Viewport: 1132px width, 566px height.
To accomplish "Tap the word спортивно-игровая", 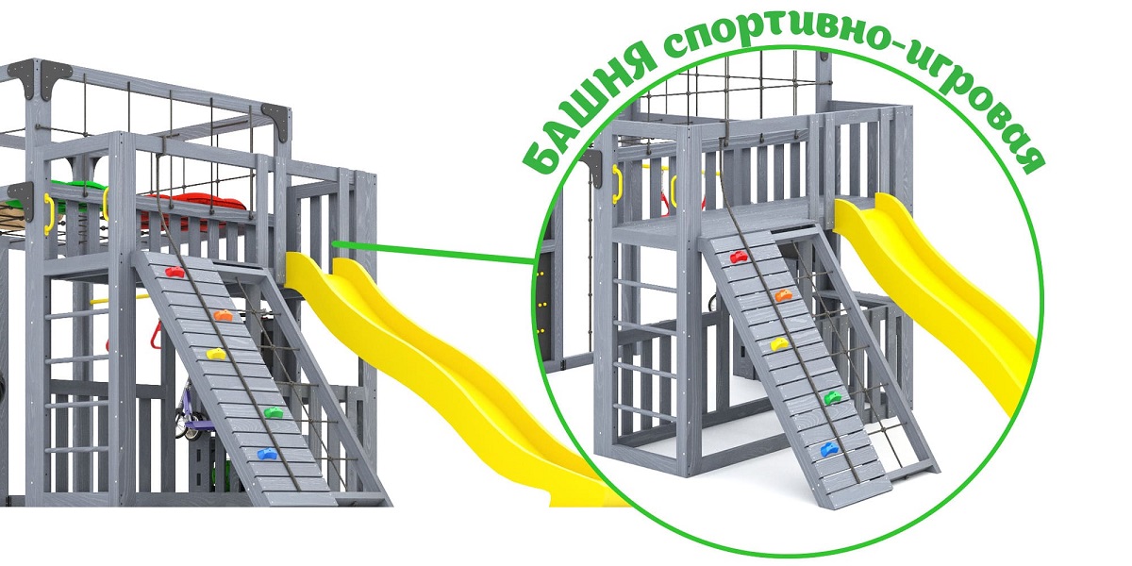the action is click(x=859, y=66).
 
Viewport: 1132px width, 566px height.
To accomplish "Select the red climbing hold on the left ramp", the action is click(x=175, y=272).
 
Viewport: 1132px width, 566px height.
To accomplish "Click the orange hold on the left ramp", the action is click(x=223, y=315).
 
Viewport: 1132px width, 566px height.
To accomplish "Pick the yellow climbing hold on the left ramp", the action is click(x=216, y=354).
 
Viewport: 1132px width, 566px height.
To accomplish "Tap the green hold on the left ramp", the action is click(x=273, y=413).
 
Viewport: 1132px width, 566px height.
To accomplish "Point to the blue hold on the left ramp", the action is click(x=267, y=455).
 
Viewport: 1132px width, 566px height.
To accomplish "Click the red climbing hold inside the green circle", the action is click(x=741, y=258).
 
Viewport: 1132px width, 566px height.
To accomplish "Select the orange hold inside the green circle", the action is click(x=783, y=295).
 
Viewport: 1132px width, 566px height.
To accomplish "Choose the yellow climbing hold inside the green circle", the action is click(x=779, y=344).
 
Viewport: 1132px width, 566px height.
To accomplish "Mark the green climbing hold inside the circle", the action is click(x=833, y=398).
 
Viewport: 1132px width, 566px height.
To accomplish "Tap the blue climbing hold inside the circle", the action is click(x=829, y=449).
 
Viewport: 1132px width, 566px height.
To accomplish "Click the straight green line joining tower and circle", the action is click(x=434, y=253).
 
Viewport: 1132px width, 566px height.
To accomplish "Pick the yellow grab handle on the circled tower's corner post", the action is click(x=617, y=184).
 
